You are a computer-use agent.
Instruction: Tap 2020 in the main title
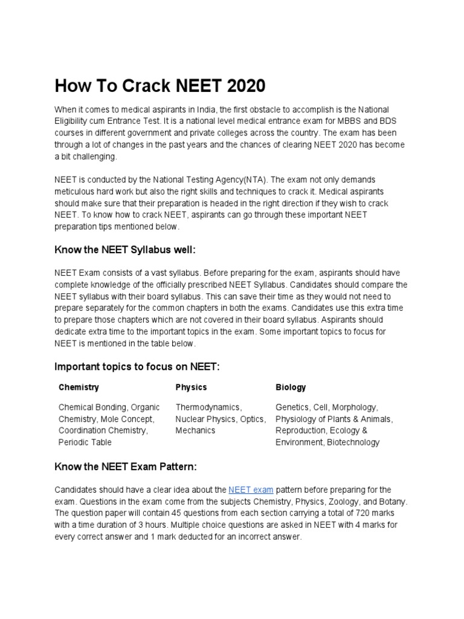(242, 86)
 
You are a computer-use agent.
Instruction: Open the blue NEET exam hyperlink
(251, 489)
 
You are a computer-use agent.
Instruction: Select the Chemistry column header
(79, 387)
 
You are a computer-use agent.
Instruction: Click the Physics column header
(191, 387)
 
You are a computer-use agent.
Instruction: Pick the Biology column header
(291, 387)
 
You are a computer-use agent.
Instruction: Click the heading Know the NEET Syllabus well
(125, 250)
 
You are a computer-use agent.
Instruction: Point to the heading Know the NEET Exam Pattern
(126, 467)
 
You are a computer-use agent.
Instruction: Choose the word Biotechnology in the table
(353, 442)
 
